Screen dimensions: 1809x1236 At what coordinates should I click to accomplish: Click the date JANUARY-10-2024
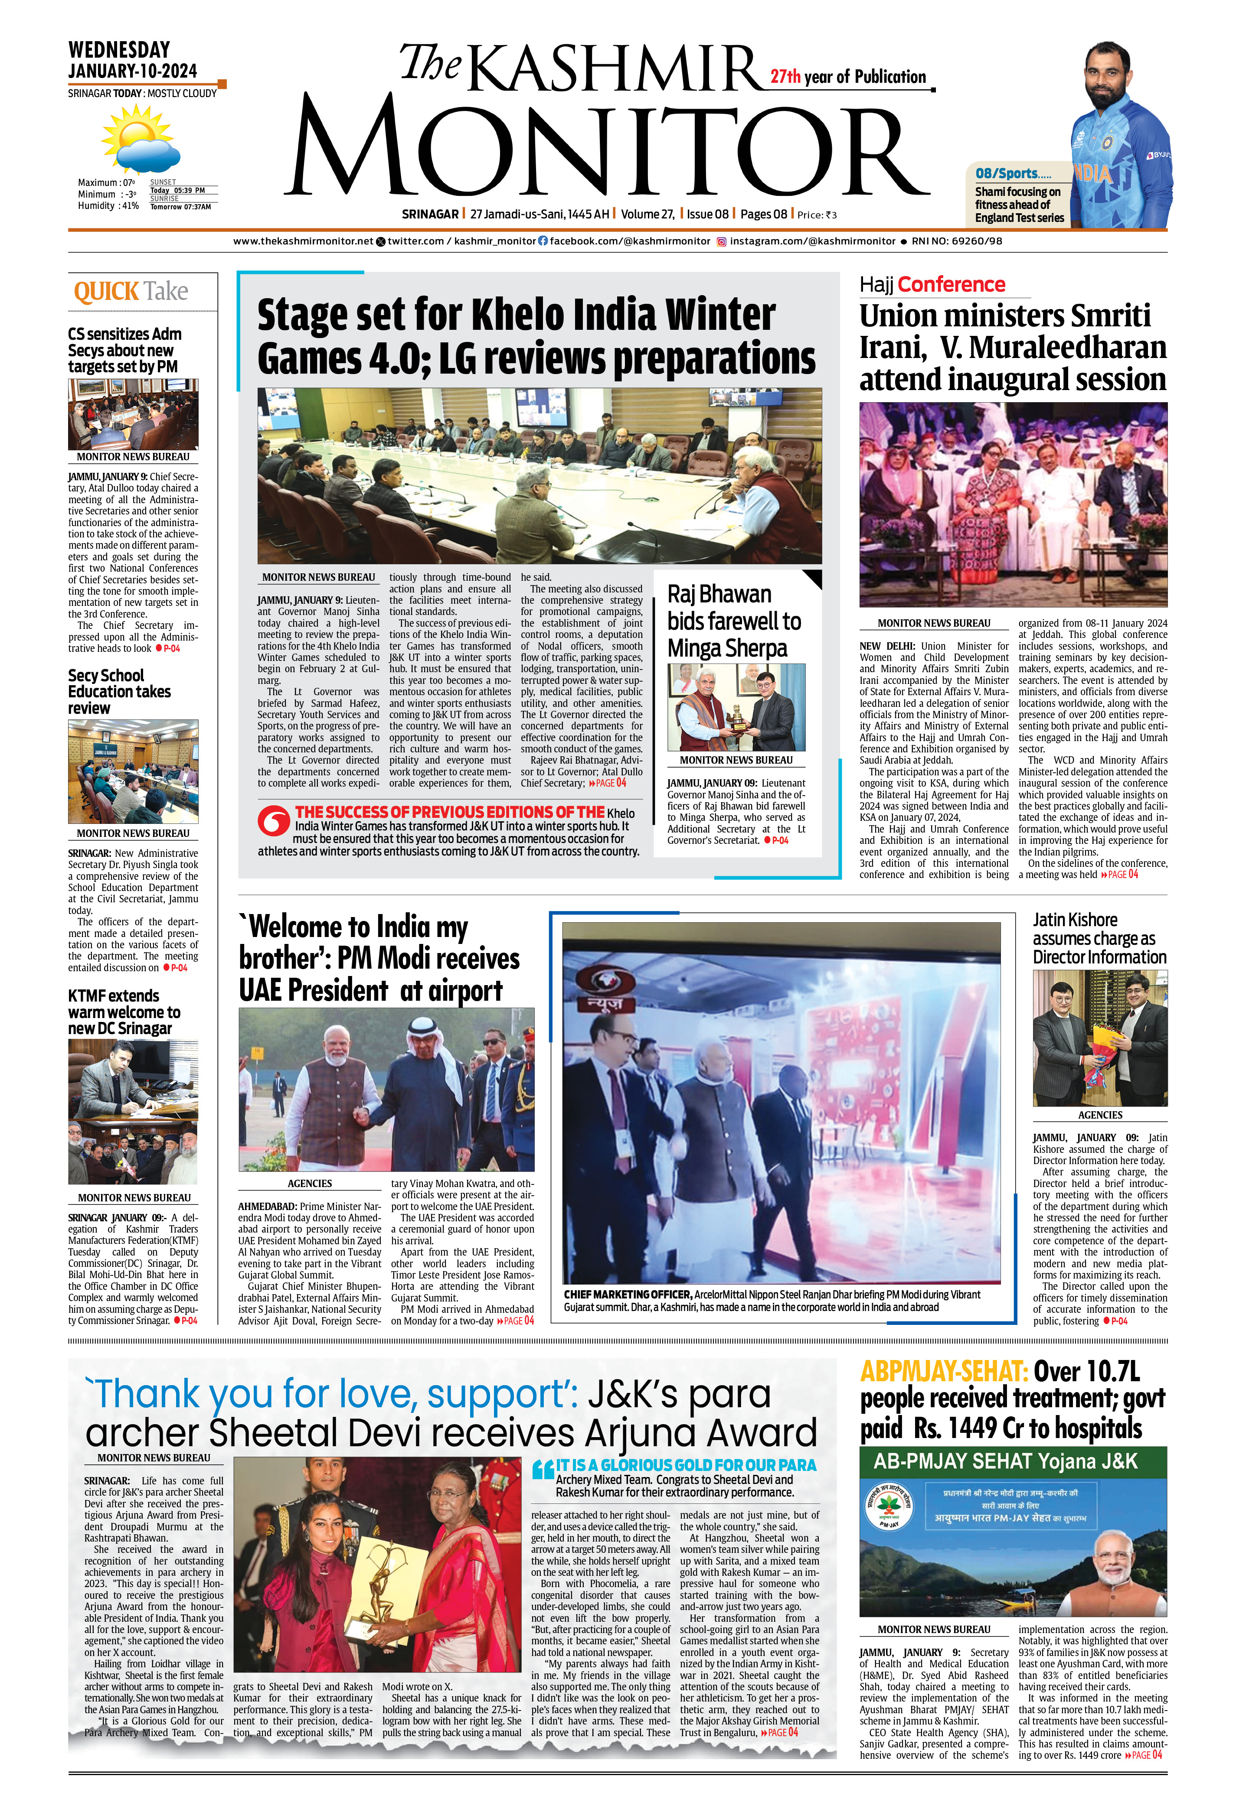point(132,71)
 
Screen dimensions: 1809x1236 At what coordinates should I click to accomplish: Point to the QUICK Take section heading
point(131,292)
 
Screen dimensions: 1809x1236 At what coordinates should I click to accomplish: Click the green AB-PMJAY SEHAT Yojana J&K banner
point(1013,1462)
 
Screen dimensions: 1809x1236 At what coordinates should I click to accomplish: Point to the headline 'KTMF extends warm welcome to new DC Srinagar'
point(124,1012)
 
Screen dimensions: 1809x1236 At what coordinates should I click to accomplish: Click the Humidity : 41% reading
point(108,206)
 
